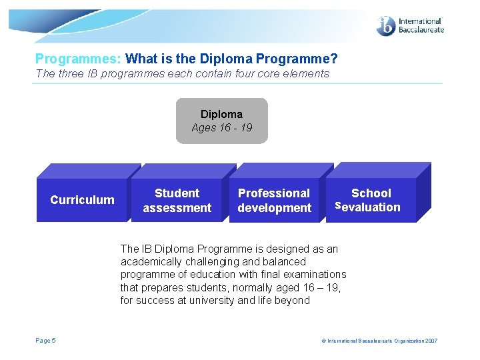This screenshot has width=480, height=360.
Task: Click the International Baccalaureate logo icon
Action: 386,25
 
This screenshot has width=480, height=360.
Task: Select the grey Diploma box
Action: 221,121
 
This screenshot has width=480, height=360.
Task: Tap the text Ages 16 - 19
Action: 221,127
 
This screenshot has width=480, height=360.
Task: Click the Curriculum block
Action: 83,200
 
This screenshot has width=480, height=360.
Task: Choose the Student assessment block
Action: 177,200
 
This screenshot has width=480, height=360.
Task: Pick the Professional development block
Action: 274,200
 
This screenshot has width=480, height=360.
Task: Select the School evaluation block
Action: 371,200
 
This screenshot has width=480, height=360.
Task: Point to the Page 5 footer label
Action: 46,341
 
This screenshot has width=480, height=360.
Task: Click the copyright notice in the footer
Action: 379,341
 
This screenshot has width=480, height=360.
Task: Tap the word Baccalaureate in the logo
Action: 421,30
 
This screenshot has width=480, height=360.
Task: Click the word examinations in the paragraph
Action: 316,275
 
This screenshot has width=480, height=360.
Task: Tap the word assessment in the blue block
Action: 177,208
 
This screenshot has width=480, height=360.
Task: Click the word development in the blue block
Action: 274,208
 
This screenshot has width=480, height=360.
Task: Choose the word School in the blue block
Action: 371,193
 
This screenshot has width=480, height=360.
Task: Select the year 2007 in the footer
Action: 431,341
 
